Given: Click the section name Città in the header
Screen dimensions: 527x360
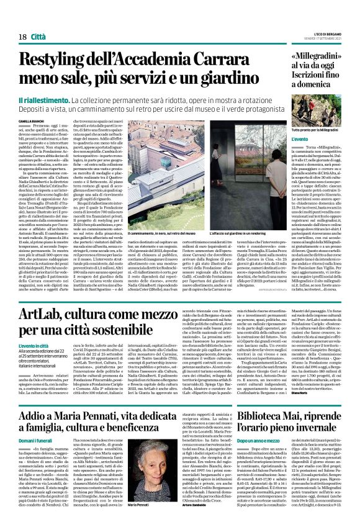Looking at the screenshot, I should [x=38, y=20].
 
